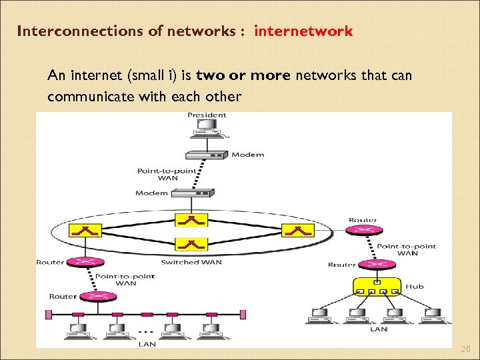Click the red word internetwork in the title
(x=303, y=31)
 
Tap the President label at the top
(x=207, y=115)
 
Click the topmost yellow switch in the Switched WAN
(x=191, y=219)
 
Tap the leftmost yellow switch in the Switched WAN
(x=89, y=231)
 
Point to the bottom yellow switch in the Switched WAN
(x=191, y=244)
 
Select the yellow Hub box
(x=377, y=287)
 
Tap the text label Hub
(x=415, y=287)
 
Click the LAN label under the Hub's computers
(x=379, y=329)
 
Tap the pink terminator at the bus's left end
(x=47, y=314)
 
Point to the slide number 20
(x=465, y=349)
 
